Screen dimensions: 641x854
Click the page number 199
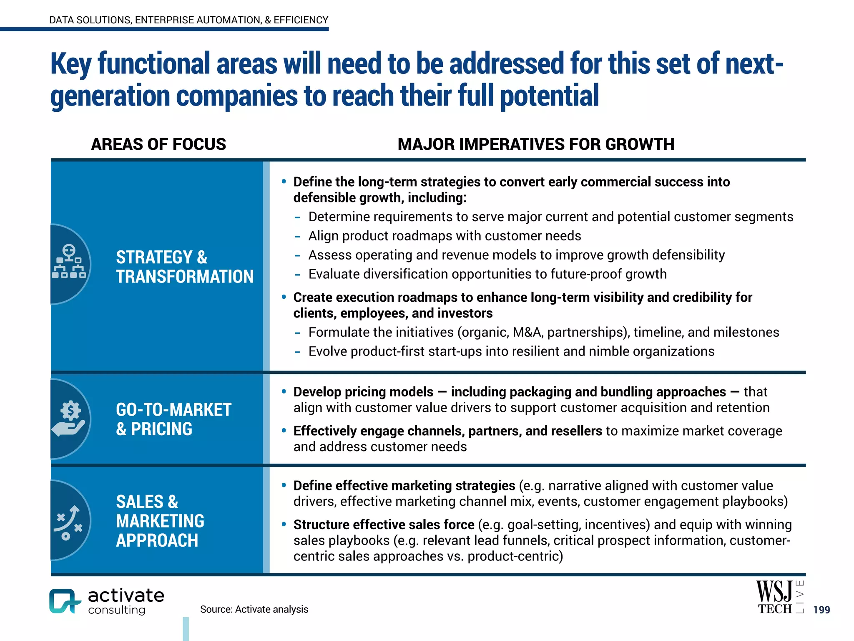coord(821,610)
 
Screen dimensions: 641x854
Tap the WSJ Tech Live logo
coord(779,598)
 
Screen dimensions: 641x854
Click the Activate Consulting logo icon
coord(65,601)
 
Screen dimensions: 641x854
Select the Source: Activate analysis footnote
coord(254,609)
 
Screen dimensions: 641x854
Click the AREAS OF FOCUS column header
coord(158,144)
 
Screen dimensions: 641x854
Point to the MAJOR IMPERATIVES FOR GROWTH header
coord(535,144)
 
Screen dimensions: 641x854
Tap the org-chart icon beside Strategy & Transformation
coord(69,262)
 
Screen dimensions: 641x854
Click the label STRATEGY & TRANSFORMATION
coord(184,267)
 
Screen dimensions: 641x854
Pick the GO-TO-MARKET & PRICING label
coord(173,419)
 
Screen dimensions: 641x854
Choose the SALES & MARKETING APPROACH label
coord(160,521)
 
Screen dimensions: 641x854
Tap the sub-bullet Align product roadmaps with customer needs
coord(445,236)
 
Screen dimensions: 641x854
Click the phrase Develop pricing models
coord(363,392)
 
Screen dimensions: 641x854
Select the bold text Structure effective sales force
coord(384,525)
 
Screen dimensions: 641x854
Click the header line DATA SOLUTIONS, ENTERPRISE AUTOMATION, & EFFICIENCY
coord(188,20)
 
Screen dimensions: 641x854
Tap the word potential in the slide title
coord(549,96)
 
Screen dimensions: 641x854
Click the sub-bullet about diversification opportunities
coord(487,274)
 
